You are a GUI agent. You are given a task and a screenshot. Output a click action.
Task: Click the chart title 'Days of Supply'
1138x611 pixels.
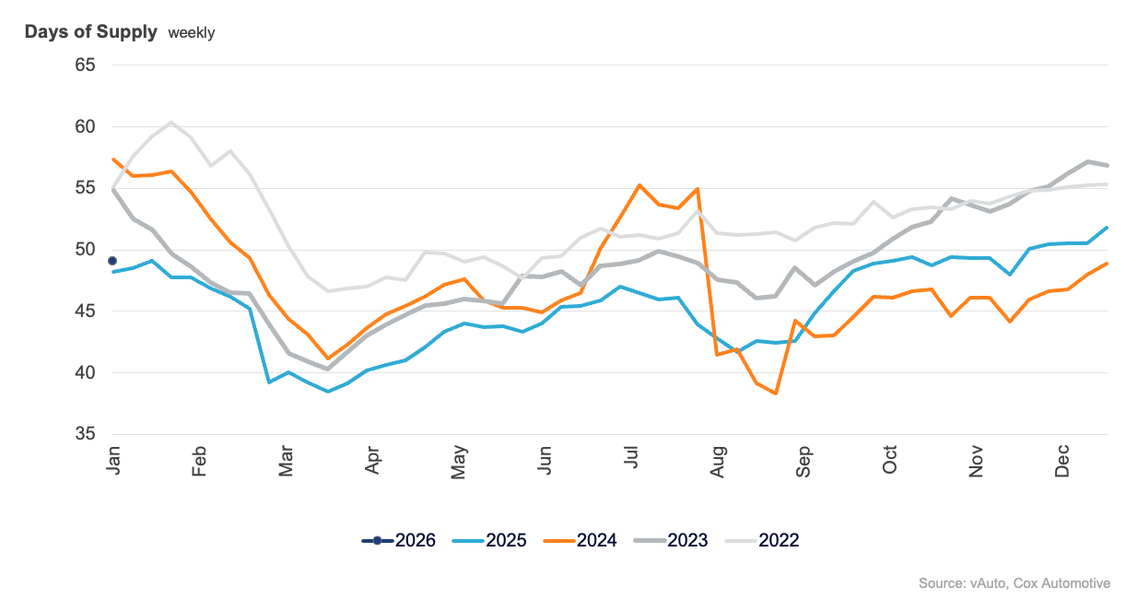pyautogui.click(x=90, y=32)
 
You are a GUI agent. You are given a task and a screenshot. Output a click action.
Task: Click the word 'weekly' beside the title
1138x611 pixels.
pyautogui.click(x=191, y=33)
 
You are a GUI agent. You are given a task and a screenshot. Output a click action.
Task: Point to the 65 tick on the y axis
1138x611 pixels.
pyautogui.click(x=85, y=65)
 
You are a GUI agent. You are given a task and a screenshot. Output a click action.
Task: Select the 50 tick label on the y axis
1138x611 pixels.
pyautogui.click(x=85, y=250)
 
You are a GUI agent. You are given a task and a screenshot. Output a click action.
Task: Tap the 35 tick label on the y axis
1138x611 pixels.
pyautogui.click(x=85, y=435)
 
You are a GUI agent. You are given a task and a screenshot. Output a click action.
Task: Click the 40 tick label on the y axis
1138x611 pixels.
pyautogui.click(x=85, y=373)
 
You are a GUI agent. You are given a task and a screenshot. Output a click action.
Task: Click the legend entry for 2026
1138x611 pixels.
pyautogui.click(x=398, y=541)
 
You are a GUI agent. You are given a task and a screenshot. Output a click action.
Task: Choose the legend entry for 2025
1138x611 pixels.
pyautogui.click(x=489, y=541)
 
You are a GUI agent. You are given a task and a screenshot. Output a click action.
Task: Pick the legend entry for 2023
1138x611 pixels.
pyautogui.click(x=671, y=541)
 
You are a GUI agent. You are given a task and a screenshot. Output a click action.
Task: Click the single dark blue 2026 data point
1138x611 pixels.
pyautogui.click(x=112, y=261)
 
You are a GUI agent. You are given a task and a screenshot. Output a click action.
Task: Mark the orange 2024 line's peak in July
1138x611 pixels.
pyautogui.click(x=639, y=185)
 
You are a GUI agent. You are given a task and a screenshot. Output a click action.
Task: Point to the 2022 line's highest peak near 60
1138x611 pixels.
pyautogui.click(x=170, y=123)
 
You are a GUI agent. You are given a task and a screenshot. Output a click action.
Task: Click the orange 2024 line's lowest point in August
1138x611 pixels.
pyautogui.click(x=776, y=394)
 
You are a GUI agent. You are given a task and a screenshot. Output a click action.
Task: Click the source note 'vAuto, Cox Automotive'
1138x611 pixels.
pyautogui.click(x=1040, y=583)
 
